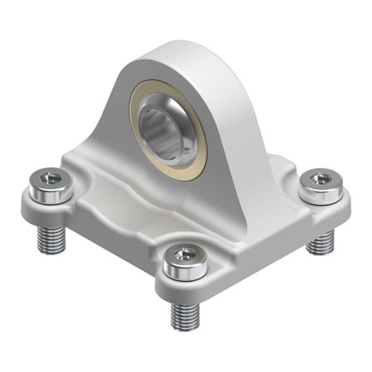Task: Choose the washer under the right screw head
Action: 318,197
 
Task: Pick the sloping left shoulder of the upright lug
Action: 107,124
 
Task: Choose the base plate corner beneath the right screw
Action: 339,207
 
